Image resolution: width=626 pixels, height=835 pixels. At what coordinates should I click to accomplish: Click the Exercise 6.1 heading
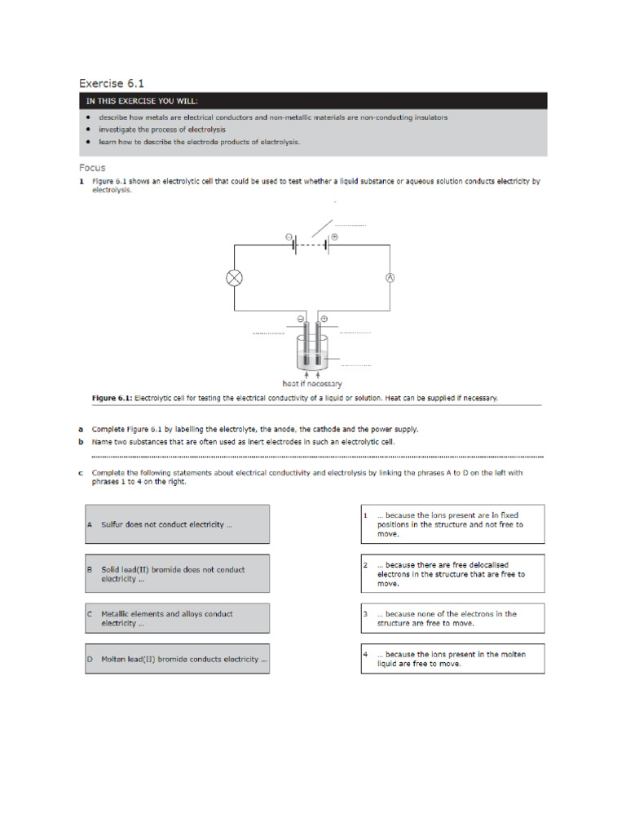112,83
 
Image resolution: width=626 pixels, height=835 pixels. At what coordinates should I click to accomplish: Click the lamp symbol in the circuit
235,278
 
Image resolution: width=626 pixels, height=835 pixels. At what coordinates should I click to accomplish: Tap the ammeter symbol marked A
390,278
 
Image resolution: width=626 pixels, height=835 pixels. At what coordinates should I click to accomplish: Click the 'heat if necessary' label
312,383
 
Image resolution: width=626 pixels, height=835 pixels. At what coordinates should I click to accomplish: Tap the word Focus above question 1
92,168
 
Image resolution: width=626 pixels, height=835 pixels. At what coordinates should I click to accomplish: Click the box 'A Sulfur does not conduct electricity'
177,524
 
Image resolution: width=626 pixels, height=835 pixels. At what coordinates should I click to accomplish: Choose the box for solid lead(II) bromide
177,574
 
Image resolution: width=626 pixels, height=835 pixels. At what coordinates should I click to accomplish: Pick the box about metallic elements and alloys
177,618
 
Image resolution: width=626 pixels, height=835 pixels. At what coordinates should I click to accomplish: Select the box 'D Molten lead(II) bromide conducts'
177,659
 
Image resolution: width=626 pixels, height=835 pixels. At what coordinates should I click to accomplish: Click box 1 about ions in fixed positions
452,524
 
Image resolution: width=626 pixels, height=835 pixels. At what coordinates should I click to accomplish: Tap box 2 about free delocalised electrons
452,574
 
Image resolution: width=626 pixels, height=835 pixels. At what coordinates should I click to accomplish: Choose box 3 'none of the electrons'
452,618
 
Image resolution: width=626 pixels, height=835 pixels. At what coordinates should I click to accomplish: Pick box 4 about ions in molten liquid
452,659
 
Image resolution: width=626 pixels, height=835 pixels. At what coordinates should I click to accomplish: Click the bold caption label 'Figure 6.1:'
111,398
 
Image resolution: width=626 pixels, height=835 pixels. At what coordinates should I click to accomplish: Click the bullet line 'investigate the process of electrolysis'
162,130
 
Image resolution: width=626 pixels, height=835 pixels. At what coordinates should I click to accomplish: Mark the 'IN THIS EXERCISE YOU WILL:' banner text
143,101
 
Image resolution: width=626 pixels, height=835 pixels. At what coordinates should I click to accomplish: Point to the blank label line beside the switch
350,224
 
